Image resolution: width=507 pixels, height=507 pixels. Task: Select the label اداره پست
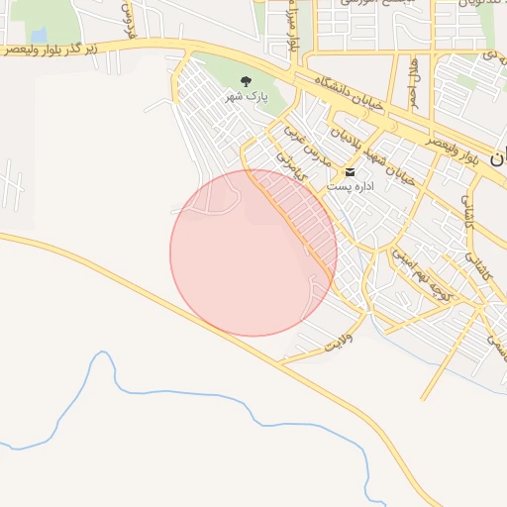pyautogui.click(x=351, y=185)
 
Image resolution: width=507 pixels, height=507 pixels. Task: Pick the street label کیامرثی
pyautogui.click(x=295, y=174)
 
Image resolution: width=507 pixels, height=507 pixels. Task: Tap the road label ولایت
pyautogui.click(x=340, y=343)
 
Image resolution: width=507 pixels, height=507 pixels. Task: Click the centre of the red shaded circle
pyautogui.click(x=253, y=253)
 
